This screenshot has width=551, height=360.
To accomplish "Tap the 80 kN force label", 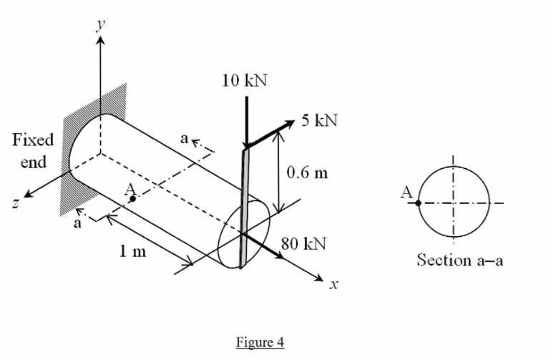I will coord(304,244).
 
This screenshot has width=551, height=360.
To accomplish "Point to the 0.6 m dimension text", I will coord(306,172).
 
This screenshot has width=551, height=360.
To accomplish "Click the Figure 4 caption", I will coord(260,342).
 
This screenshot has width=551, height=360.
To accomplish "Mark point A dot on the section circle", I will coord(419,203).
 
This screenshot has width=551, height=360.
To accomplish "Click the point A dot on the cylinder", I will coord(133,200).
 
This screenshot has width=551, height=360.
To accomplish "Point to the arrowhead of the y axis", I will coord(100,38).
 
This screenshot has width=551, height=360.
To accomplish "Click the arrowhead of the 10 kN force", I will coord(245,144).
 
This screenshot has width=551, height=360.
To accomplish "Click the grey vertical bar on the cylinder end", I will coord(243,208).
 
